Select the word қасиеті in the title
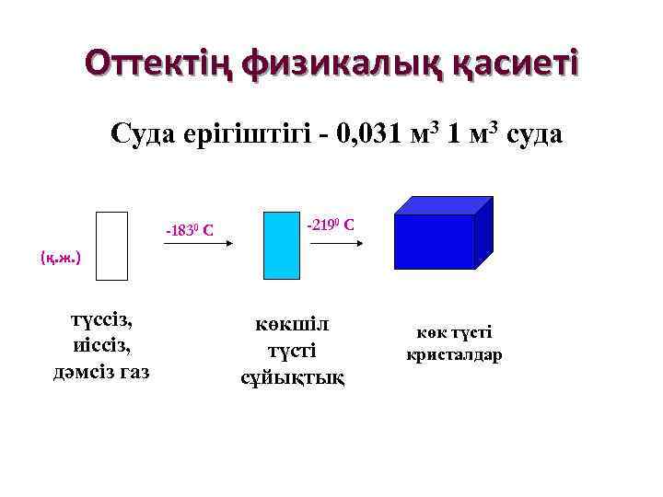(509, 64)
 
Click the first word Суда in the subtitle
(144, 135)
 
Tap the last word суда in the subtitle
(531, 135)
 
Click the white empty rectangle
(111, 246)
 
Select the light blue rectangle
(280, 246)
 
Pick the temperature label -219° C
(331, 225)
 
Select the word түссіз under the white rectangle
(102, 320)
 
